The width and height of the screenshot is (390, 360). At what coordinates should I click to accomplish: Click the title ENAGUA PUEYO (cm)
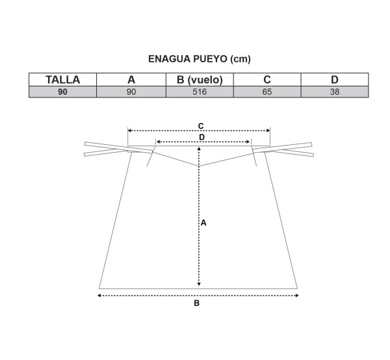click(200, 59)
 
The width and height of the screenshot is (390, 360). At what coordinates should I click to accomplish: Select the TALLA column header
click(62, 80)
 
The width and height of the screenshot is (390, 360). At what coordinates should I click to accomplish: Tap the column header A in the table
click(131, 80)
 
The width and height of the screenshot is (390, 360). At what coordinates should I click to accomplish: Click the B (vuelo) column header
click(200, 80)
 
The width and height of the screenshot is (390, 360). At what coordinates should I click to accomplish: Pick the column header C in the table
click(267, 79)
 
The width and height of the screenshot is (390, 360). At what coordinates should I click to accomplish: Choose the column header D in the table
click(335, 80)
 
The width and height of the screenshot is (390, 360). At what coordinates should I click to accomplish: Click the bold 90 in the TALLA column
click(62, 92)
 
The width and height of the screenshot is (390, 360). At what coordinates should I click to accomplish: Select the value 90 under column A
click(131, 92)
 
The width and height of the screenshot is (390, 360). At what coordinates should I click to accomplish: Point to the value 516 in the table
click(200, 92)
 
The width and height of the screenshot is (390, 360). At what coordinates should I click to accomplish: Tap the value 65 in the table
click(267, 92)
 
